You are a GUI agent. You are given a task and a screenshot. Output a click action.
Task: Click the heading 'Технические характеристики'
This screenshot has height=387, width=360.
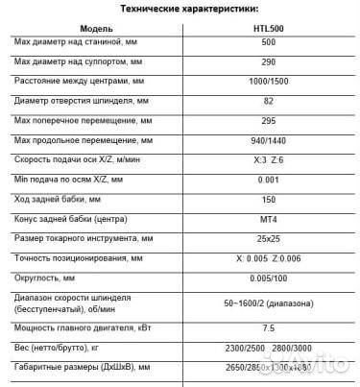pos(180,8)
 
